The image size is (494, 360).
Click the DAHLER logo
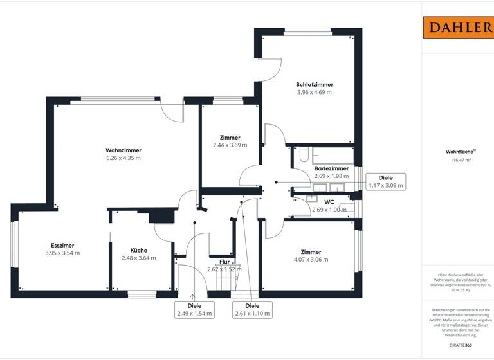(457, 27)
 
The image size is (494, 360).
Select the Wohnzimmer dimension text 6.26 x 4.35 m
(123, 158)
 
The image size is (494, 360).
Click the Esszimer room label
(62, 246)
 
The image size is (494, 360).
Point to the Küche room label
(138, 251)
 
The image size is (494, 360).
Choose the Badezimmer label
(331, 168)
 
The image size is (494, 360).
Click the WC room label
(329, 201)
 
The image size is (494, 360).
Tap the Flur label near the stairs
(224, 262)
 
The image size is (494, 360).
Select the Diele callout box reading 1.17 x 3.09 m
(386, 181)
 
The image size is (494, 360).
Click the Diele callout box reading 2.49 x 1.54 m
(194, 309)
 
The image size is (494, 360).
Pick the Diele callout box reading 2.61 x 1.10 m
(252, 309)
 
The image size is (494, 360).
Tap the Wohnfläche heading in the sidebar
(457, 152)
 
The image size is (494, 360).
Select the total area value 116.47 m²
(457, 161)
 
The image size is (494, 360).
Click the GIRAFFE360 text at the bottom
(458, 346)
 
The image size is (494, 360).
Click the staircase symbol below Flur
(226, 280)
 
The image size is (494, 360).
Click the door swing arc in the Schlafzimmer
(271, 67)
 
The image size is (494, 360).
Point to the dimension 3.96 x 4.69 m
(315, 93)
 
